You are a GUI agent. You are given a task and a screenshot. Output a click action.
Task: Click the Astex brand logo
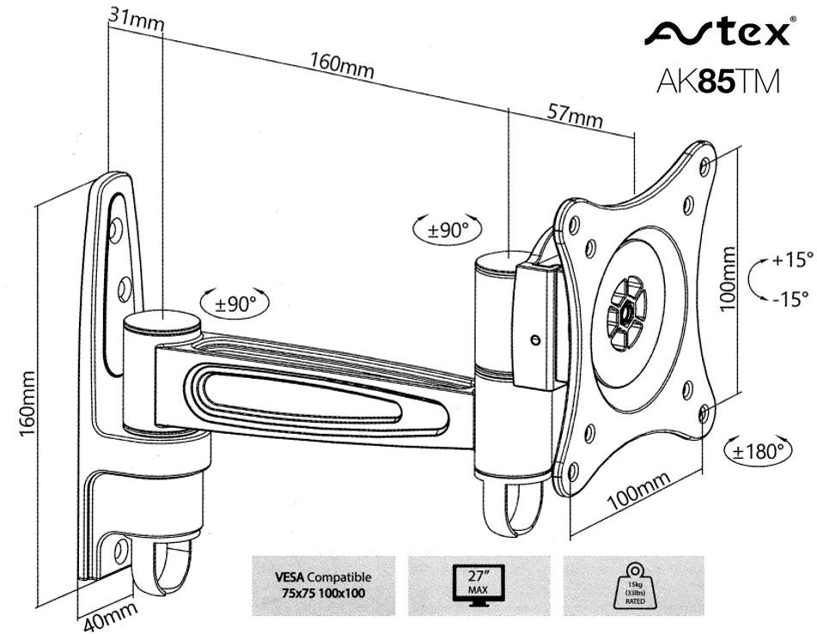716,34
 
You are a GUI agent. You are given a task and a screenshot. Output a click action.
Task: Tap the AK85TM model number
716,81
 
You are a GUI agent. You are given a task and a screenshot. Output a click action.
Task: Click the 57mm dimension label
574,113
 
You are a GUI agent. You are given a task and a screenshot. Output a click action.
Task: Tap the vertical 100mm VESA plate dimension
728,278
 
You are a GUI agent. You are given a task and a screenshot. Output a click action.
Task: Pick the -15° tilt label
790,299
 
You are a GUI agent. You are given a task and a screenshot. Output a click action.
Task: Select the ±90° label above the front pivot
448,229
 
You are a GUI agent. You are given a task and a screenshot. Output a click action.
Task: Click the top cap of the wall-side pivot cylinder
162,322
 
